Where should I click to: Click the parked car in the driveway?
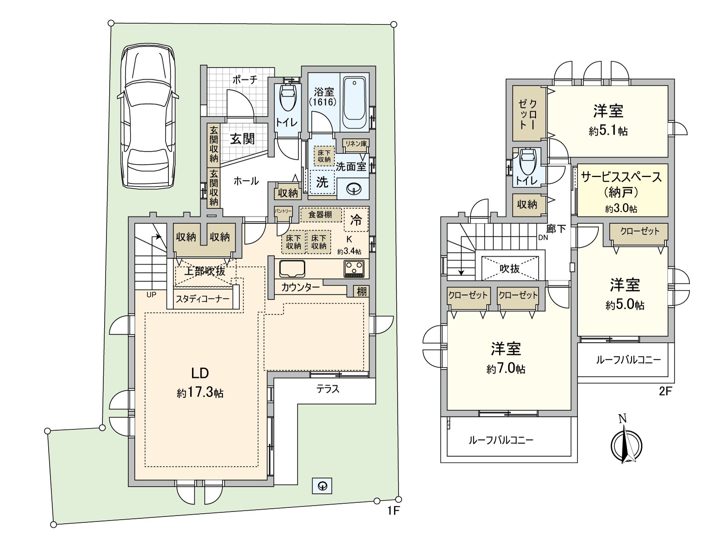tap(148, 116)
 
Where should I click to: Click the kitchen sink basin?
tap(292, 268)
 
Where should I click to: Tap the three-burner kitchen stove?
tap(354, 268)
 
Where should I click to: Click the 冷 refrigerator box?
tap(356, 219)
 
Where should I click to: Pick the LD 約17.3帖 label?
tap(200, 383)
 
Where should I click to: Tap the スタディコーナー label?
tap(202, 299)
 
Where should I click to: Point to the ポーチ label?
tap(245, 80)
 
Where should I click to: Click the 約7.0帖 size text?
tap(506, 369)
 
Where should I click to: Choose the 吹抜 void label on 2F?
tap(510, 268)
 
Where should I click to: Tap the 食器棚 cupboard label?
tap(320, 214)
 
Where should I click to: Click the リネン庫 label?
tap(356, 144)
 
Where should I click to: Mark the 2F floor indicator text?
tap(665, 391)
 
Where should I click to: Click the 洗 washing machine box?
tap(322, 182)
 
